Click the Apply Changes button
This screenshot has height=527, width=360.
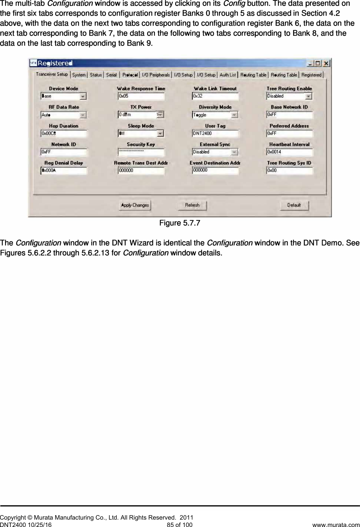click(135, 205)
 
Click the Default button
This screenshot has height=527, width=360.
click(294, 205)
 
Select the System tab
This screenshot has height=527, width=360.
click(79, 75)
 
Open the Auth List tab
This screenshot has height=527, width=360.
click(228, 75)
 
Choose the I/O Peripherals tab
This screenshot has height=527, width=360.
click(156, 75)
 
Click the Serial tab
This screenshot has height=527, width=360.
click(111, 75)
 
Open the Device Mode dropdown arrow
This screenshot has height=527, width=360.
click(83, 97)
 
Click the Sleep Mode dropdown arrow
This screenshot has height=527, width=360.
click(160, 134)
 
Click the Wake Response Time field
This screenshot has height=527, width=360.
click(141, 96)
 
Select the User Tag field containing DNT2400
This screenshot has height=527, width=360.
click(215, 134)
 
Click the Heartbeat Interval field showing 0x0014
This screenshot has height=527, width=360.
click(289, 152)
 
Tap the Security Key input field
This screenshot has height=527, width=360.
click(141, 152)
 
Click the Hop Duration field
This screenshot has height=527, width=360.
click(64, 134)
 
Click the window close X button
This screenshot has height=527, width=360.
click(326, 63)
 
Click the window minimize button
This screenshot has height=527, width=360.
click(310, 63)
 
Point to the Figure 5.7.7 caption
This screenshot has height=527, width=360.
click(180, 223)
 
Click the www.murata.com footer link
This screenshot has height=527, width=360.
click(336, 525)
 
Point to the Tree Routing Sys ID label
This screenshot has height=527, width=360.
click(289, 163)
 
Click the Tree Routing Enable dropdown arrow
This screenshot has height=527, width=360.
click(309, 97)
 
